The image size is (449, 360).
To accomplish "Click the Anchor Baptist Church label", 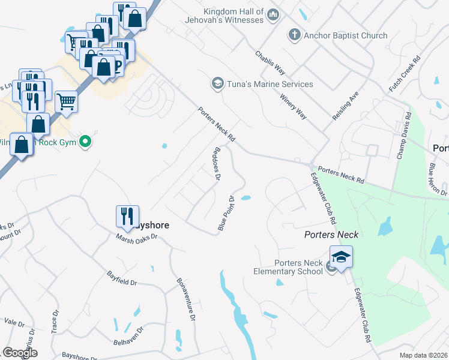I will pyautogui.click(x=345, y=35).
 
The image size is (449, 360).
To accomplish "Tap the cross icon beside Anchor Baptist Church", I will pyautogui.click(x=294, y=35).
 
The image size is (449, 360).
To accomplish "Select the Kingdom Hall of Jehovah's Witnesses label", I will pyautogui.click(x=234, y=16).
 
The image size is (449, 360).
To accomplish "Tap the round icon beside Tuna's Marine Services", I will pyautogui.click(x=217, y=83).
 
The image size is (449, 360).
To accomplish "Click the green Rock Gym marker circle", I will pyautogui.click(x=85, y=142).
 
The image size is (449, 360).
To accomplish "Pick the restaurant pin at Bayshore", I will pyautogui.click(x=127, y=217).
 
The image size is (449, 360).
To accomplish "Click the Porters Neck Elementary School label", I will pyautogui.click(x=299, y=267).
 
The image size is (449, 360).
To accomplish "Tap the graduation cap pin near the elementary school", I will pyautogui.click(x=341, y=257).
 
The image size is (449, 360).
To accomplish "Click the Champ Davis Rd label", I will pyautogui.click(x=403, y=136).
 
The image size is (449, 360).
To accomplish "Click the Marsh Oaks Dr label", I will pyautogui.click(x=136, y=237).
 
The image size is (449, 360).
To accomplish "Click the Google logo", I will pyautogui.click(x=20, y=352).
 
